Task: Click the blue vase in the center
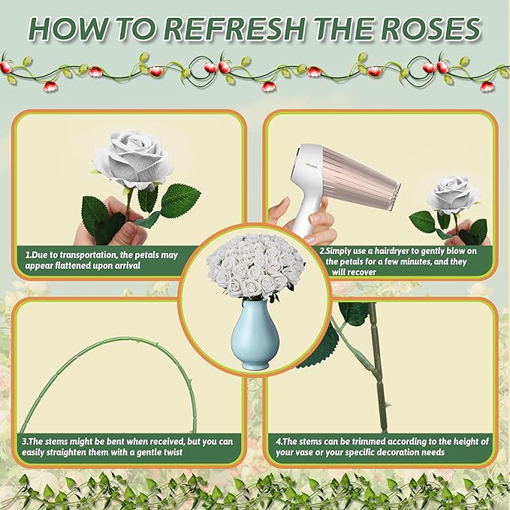(255, 337)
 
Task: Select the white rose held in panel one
(133, 159)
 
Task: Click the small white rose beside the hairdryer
(453, 195)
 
